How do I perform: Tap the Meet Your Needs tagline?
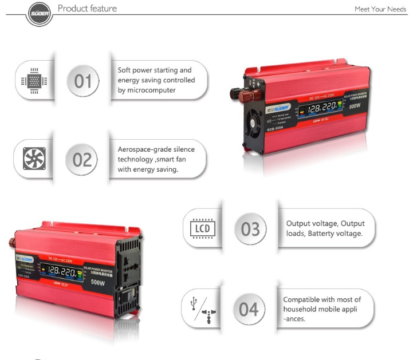click(380, 9)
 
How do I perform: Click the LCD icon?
click(202, 229)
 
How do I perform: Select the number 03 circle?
click(250, 229)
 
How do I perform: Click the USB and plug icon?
click(202, 310)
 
